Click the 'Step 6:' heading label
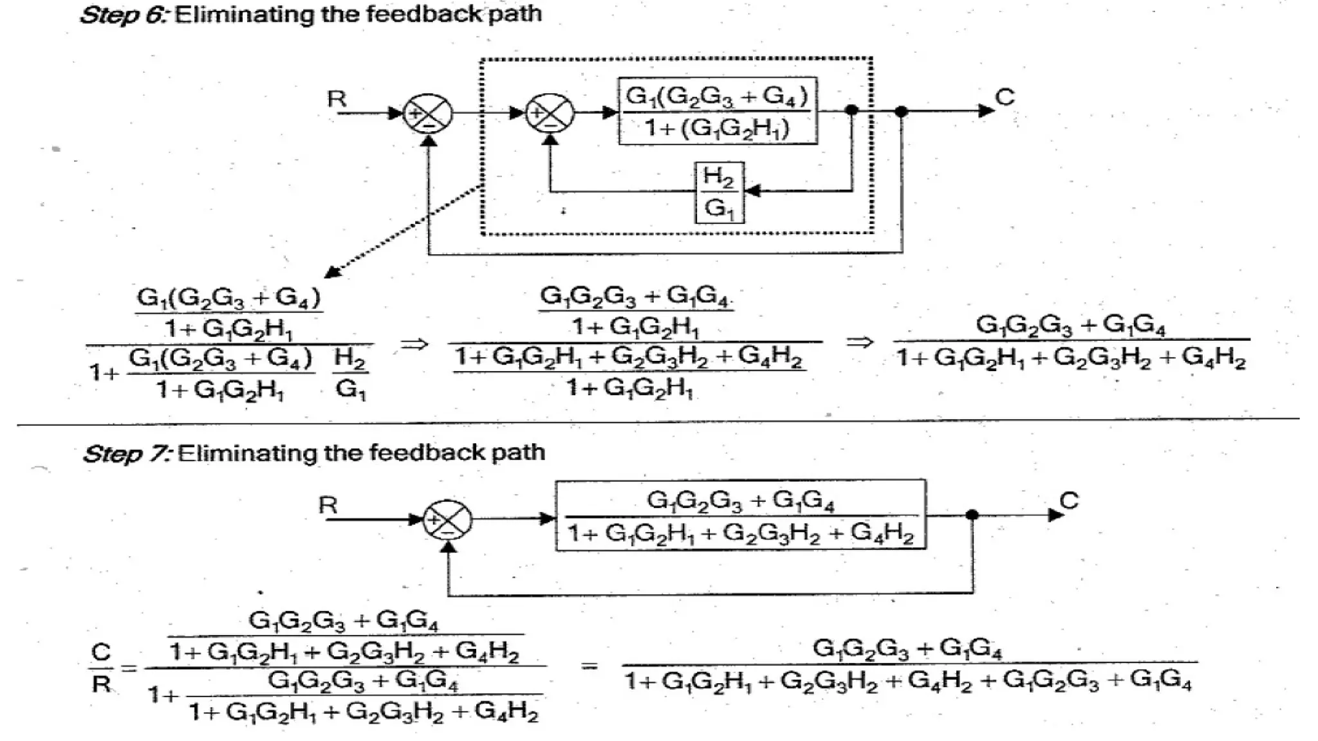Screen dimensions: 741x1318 pos(123,14)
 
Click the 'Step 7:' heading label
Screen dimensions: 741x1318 pos(127,453)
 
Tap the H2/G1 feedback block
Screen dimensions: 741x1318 pos(719,192)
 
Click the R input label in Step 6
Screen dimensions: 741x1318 pos(336,99)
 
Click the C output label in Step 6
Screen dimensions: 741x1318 pos(1004,98)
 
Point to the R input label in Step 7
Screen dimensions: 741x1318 pos(328,505)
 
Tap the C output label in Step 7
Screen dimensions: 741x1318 pos(1068,500)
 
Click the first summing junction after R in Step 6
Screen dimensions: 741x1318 pos(428,114)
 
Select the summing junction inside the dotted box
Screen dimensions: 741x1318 pos(550,113)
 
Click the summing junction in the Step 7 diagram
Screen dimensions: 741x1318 pos(448,520)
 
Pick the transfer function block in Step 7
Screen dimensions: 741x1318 pos(741,515)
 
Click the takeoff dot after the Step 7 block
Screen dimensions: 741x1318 pos(972,515)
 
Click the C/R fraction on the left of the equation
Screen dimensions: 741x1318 pos(101,668)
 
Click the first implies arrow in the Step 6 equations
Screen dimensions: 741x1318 pos(414,343)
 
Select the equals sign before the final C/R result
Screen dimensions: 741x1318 pos(588,666)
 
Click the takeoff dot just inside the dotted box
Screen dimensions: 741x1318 pos(851,111)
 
